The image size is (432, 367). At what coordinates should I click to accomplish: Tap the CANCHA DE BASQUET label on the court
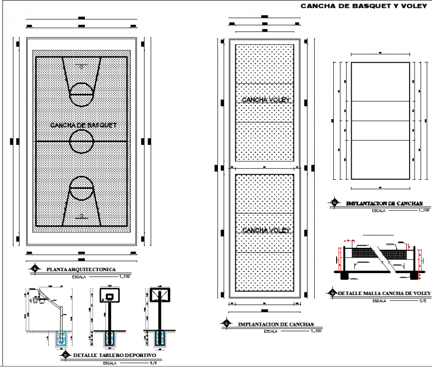(x=83, y=125)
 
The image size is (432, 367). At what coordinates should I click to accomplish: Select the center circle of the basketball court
(x=81, y=142)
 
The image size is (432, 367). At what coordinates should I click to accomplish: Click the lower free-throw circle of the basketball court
(x=81, y=189)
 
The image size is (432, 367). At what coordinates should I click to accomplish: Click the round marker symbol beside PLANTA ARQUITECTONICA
(x=35, y=269)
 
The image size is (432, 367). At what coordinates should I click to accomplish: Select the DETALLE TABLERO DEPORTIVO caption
(x=114, y=356)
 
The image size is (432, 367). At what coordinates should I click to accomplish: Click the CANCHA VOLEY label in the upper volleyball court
(x=265, y=100)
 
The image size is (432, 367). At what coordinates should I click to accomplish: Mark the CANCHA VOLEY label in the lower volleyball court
(x=265, y=230)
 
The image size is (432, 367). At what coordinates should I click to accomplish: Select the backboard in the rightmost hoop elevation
(x=160, y=295)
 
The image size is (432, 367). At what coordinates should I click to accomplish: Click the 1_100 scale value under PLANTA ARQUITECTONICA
(x=125, y=276)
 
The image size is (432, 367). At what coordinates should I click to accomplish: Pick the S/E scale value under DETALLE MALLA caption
(x=423, y=301)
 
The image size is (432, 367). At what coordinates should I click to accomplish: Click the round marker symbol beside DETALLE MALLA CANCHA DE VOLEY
(x=331, y=294)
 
